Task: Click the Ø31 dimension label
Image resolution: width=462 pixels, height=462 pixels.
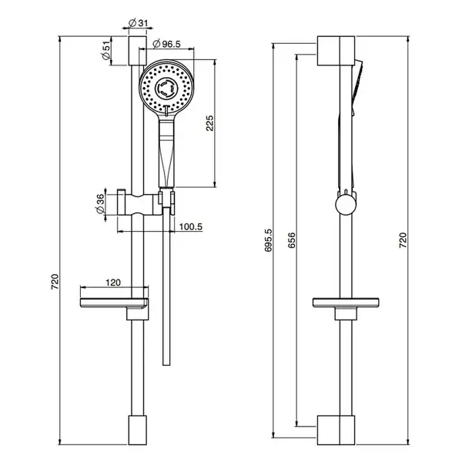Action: click(x=138, y=23)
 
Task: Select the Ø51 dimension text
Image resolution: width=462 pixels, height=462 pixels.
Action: click(x=105, y=50)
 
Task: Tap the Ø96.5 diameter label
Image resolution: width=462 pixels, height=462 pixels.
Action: click(x=167, y=44)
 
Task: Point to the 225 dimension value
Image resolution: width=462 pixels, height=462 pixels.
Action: click(x=209, y=123)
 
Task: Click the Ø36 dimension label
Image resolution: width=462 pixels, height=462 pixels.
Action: click(x=99, y=204)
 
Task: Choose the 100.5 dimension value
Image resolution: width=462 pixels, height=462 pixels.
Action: click(x=191, y=227)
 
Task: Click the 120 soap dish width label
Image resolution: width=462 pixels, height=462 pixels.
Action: click(x=113, y=283)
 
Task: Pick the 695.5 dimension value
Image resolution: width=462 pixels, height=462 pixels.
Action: click(x=269, y=240)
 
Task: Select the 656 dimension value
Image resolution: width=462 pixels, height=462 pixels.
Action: click(x=291, y=240)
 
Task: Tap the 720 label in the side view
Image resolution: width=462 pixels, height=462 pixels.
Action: click(x=403, y=240)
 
